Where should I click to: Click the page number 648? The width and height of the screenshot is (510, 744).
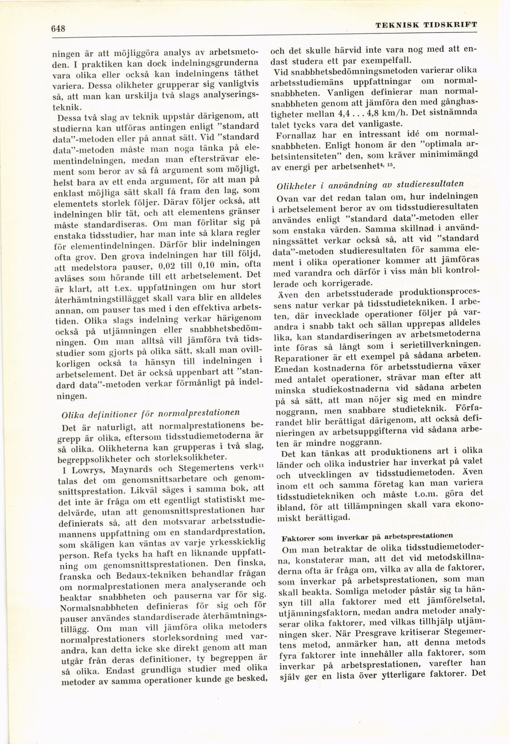pos(58,29)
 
